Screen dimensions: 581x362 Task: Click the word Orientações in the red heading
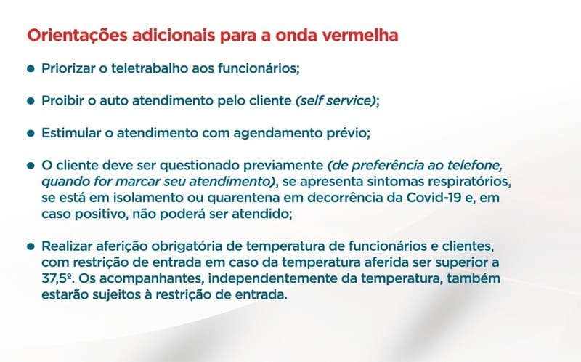point(77,36)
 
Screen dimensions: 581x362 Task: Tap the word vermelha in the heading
point(360,35)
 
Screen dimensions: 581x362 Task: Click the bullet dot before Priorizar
point(31,68)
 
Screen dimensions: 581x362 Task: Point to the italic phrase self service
point(336,100)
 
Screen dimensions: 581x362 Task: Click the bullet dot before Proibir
point(31,101)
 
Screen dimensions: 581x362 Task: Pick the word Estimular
point(71,133)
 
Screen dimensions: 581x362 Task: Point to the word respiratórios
point(469,182)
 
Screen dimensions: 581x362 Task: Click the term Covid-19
point(434,197)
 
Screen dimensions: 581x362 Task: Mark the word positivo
point(102,214)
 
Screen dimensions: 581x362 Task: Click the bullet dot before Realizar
point(31,246)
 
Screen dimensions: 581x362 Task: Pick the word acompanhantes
point(152,279)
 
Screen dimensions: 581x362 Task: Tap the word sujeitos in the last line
point(116,295)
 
